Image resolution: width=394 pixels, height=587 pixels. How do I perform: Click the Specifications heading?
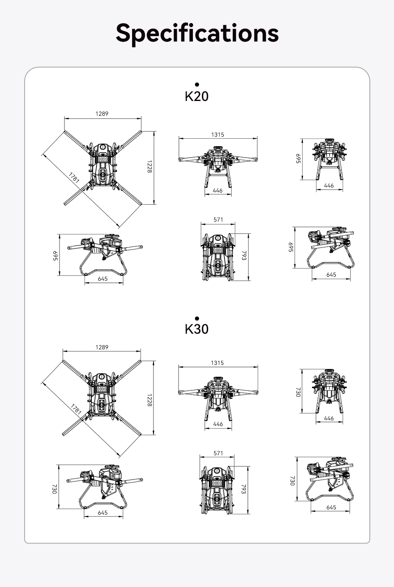pos(197,34)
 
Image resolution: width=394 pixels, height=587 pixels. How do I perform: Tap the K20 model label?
pos(197,96)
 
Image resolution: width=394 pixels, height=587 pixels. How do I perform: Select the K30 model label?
pos(197,329)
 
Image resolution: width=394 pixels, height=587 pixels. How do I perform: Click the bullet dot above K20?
pos(197,85)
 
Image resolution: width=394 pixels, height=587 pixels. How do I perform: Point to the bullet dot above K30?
pos(197,319)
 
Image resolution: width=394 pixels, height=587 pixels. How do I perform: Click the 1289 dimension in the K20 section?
pos(102,113)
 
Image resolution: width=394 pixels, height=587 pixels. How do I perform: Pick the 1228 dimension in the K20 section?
pos(149,167)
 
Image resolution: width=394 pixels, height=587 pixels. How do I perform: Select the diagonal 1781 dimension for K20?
pos(74,177)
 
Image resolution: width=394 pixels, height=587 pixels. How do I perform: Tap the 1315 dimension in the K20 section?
pos(218,134)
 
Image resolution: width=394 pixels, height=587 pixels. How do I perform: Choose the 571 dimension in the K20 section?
pos(218,220)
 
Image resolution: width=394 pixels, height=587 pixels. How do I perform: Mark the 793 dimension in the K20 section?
pos(244,255)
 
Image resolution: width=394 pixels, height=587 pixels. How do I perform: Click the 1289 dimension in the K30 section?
pos(102,347)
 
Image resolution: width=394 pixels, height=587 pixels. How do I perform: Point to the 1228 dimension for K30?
pos(149,400)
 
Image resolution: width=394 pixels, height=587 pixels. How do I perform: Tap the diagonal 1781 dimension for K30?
pos(76,409)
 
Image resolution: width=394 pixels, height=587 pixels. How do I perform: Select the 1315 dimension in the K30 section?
pos(218,363)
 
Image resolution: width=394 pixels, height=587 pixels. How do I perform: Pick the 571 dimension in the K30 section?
pos(218,453)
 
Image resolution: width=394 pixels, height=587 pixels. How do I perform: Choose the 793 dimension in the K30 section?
pos(243,489)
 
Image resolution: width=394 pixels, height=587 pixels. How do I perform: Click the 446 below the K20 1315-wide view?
pos(218,190)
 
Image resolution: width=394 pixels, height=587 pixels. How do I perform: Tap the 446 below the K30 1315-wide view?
pos(218,424)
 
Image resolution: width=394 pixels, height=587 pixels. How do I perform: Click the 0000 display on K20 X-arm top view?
pos(103,159)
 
